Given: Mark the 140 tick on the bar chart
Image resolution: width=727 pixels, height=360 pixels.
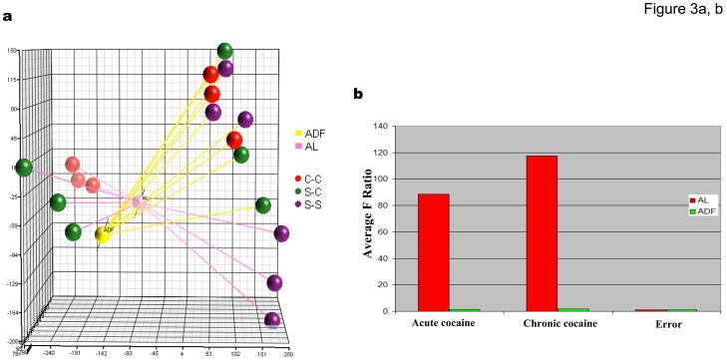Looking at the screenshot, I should click(380, 127).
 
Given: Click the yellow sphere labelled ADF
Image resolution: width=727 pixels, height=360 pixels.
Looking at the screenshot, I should click(103, 233).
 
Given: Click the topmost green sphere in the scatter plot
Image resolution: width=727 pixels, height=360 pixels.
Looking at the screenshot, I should click(225, 52).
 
